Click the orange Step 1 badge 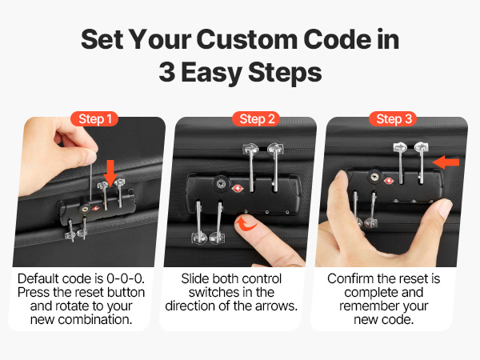[94, 118]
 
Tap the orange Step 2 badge [257, 118]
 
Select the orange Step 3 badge [393, 118]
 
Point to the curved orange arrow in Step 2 [246, 224]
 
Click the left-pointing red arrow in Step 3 [446, 162]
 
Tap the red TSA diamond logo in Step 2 [238, 188]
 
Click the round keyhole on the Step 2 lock [221, 184]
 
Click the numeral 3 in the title [167, 72]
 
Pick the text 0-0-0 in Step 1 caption [125, 279]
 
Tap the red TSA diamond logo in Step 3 [388, 181]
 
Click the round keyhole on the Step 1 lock [85, 209]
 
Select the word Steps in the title [285, 73]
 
